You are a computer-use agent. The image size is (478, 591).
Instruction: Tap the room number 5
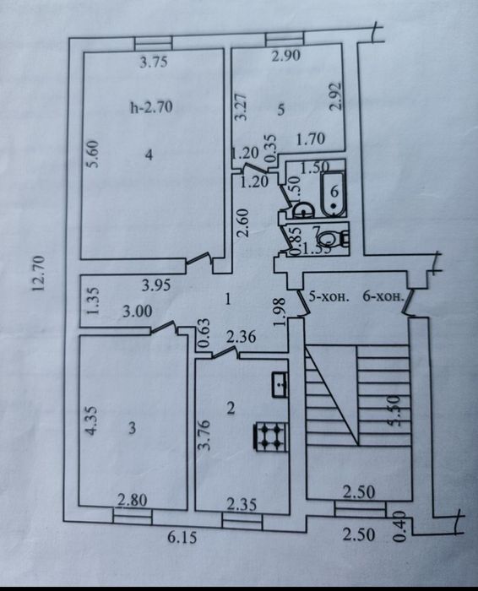[282, 108]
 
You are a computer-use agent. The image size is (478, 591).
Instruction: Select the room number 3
[131, 428]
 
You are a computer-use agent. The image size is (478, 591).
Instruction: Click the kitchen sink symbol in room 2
[279, 384]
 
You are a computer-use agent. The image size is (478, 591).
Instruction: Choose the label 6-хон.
[380, 297]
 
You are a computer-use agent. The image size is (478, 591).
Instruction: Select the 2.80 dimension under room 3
[133, 501]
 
